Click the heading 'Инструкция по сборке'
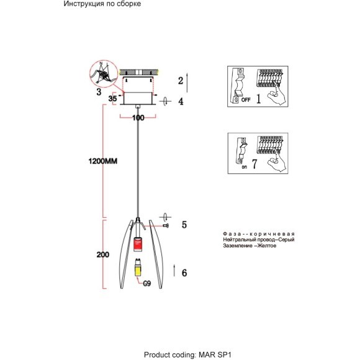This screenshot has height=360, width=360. pos(102,4)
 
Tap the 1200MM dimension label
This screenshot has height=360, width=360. pos(103,161)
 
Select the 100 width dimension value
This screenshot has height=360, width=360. pos(138,118)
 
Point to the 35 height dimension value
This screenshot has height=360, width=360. pos(112,99)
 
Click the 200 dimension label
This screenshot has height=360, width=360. pos(103,254)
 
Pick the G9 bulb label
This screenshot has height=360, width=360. pos(147,284)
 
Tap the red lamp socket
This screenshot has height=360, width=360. pos(138,245)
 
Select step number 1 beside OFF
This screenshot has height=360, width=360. pos(259,99)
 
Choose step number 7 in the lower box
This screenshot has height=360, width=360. pos(254,164)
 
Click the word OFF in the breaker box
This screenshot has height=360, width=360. pos(246,100)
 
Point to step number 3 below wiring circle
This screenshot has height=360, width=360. pos(99,92)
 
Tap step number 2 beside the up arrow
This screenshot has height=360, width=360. pos(181,81)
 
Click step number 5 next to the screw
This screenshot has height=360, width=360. pos(184,225)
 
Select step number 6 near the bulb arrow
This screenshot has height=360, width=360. pos(184,272)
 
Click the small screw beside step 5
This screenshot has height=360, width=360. pos(166,226)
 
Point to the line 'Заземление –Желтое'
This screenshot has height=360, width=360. pos(250,246)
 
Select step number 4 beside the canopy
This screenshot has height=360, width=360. pos(181,101)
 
